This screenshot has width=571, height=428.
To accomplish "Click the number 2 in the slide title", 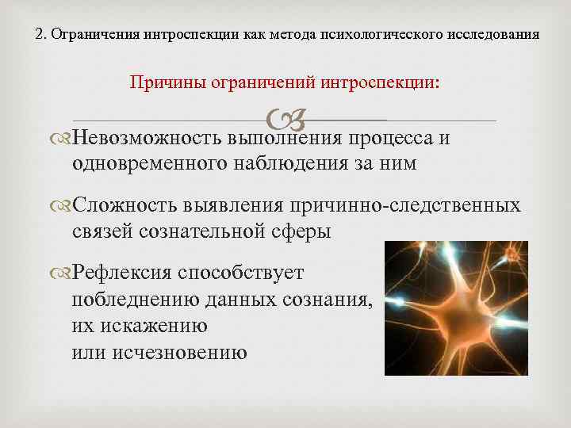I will [40, 35].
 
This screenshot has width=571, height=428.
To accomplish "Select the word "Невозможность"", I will [148, 139].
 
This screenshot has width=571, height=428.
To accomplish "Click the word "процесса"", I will [391, 139].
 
